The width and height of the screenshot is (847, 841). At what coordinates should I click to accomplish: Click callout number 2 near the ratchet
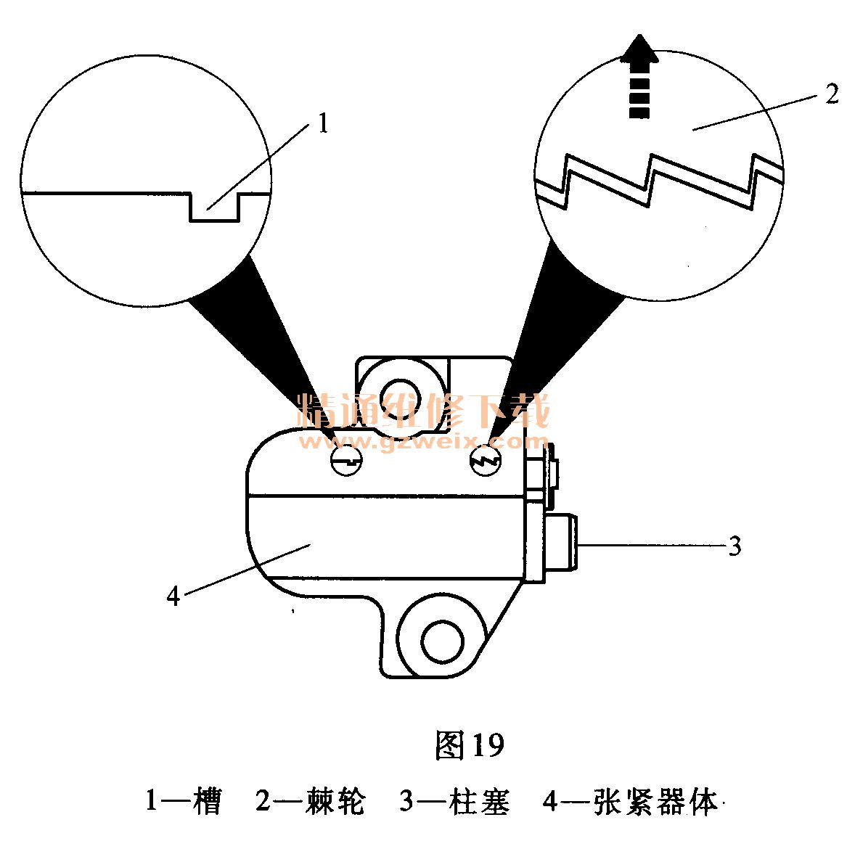point(832,95)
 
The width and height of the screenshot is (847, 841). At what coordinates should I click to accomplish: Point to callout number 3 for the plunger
point(735,546)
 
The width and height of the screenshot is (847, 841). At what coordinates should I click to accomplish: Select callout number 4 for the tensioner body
point(173,596)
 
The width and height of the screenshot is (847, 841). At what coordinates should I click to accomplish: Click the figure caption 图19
point(469,745)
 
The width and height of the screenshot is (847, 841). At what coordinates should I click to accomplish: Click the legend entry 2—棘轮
point(308,803)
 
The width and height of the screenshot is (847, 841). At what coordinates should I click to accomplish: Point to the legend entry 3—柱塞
point(454,803)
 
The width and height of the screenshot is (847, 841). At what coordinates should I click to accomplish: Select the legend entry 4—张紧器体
point(629,803)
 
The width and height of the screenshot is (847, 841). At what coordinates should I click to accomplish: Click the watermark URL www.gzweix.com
point(428,441)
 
